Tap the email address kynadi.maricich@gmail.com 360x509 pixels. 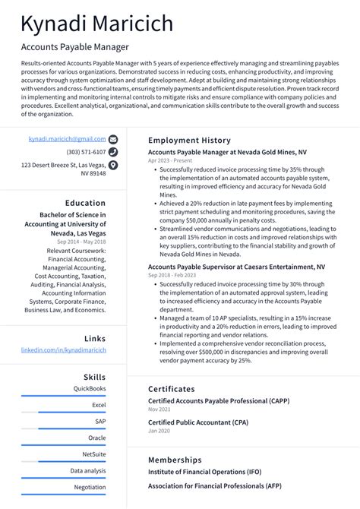(67, 140)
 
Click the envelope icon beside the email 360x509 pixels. (113, 140)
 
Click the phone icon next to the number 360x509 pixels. (113, 152)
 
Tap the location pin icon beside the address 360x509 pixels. (113, 165)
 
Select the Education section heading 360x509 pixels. (85, 203)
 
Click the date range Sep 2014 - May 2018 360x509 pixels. (81, 242)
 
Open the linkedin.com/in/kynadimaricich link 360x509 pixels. (64, 350)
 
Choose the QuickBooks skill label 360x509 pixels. (90, 388)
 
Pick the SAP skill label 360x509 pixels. (100, 421)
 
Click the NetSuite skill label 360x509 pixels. (94, 454)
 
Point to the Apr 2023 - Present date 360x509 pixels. (169, 161)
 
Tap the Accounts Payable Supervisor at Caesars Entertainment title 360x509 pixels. (236, 267)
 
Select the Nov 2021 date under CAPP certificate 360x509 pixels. (159, 409)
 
